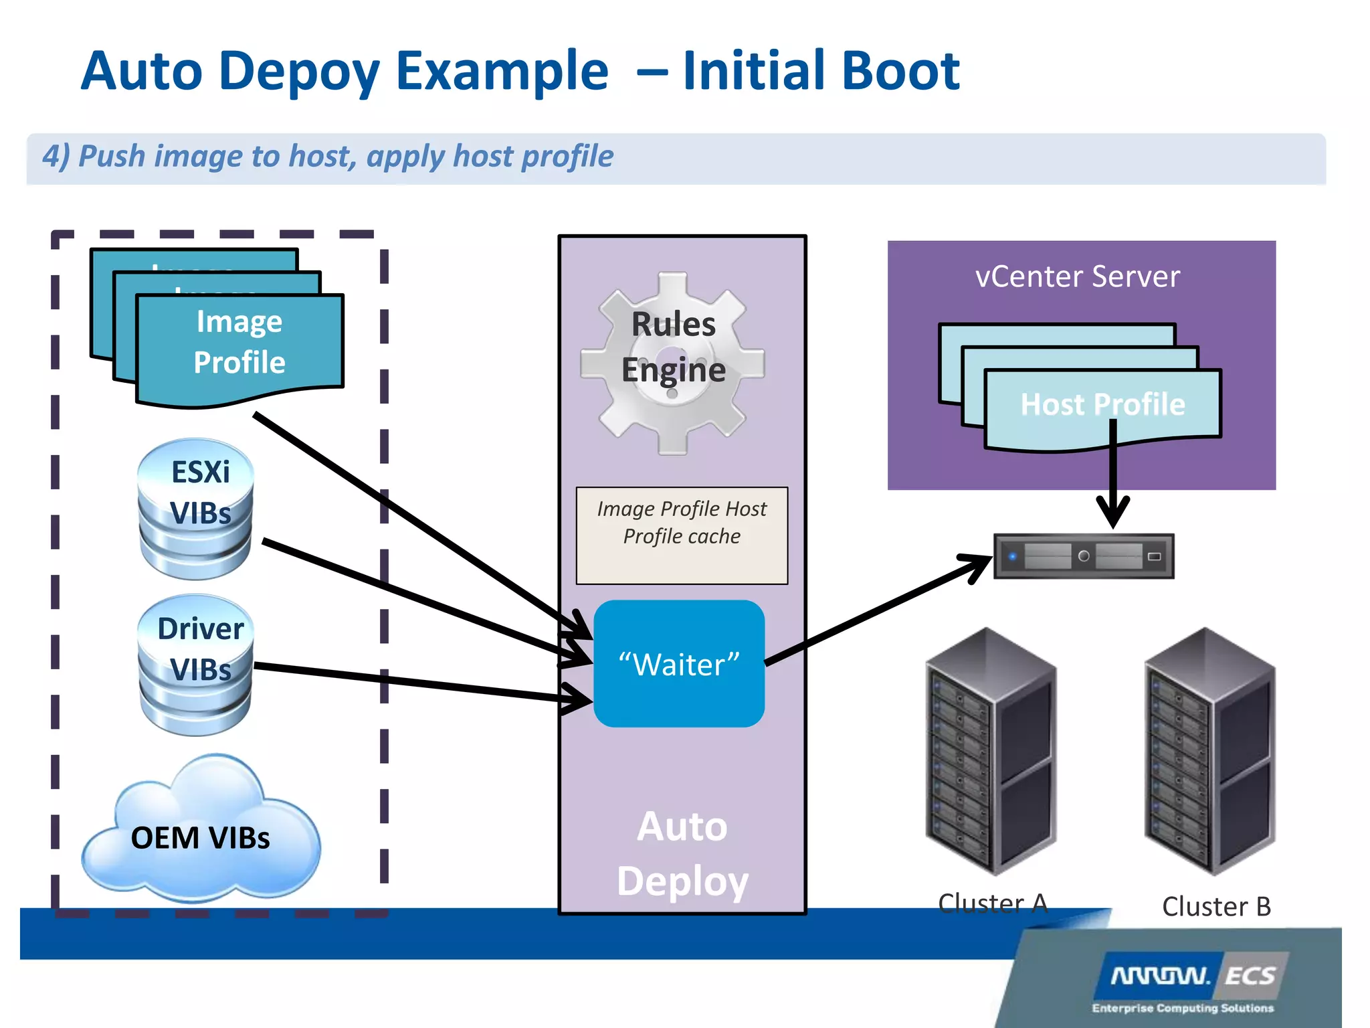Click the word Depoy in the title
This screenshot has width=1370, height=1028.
(298, 72)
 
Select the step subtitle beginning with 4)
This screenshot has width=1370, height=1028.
(328, 157)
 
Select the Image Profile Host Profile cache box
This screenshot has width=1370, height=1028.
(682, 535)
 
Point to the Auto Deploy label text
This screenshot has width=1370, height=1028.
(682, 854)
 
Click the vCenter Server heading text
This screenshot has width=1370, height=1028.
(1078, 277)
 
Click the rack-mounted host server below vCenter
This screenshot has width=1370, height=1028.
(1084, 556)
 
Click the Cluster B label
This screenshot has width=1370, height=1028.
(1216, 907)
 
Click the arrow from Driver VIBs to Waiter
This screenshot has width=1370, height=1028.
(415, 682)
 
